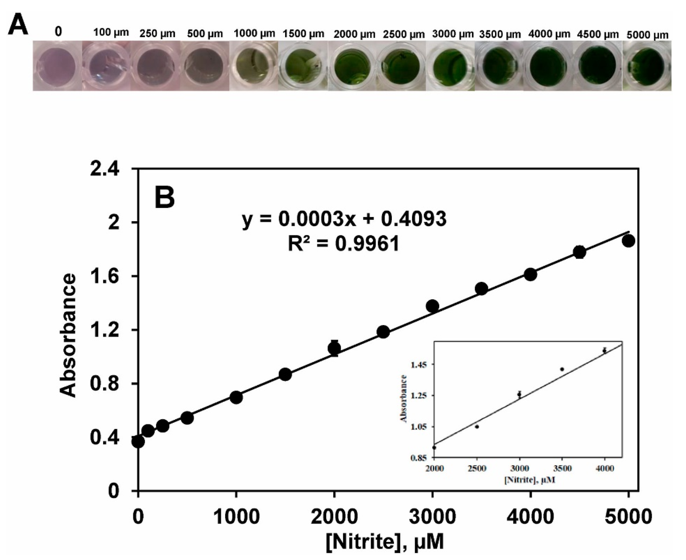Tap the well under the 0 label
[57, 66]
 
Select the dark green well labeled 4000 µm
[548, 66]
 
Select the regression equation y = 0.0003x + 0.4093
[344, 219]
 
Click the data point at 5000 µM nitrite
[628, 241]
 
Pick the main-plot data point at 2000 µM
[334, 348]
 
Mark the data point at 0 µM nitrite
[138, 442]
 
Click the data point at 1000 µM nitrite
[236, 397]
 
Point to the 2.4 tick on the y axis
[104, 169]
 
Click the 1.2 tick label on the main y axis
[104, 330]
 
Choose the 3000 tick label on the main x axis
[432, 517]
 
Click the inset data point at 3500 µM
[562, 369]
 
